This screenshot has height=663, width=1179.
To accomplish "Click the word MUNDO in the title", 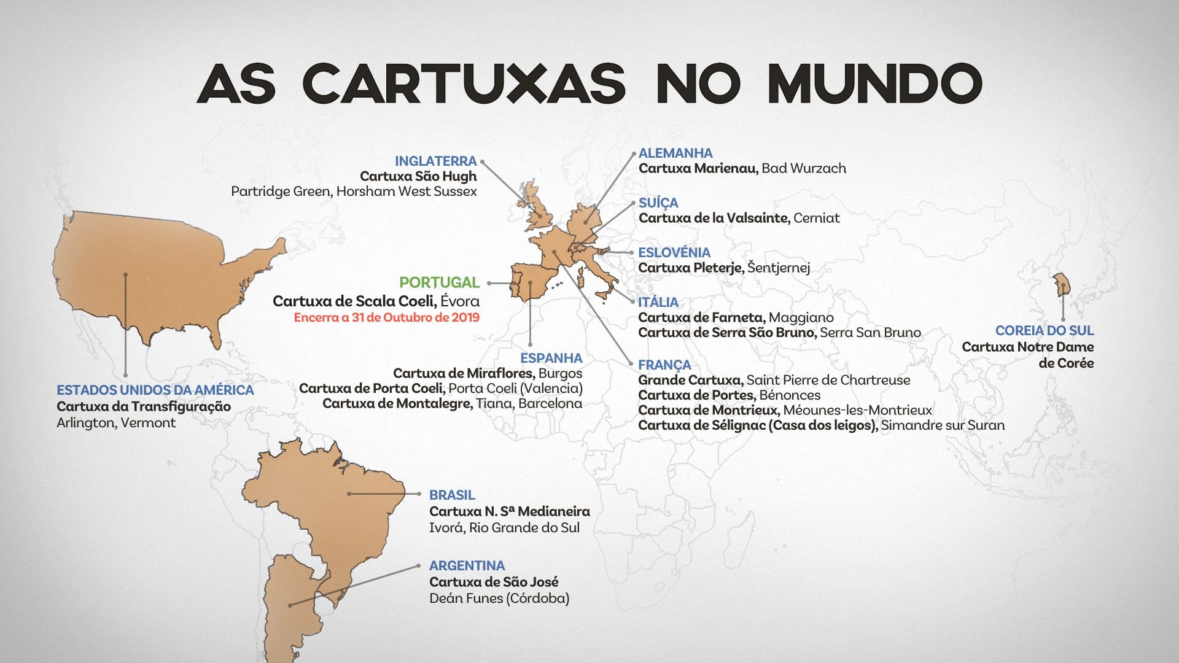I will click(874, 83).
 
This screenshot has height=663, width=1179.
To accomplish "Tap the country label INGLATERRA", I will click(435, 161).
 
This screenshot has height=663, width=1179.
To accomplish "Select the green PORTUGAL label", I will click(439, 282).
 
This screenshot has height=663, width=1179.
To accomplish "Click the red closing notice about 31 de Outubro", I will click(386, 317).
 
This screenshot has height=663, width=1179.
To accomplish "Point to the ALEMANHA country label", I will click(675, 153).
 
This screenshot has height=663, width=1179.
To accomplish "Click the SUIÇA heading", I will click(658, 203).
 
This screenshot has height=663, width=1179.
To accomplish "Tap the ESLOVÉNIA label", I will click(674, 252).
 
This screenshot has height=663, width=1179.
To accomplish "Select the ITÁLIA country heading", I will click(658, 302).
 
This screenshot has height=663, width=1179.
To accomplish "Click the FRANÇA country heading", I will click(664, 365).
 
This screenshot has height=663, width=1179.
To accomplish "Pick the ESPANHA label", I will click(551, 358).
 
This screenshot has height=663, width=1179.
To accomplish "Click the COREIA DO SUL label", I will click(1044, 330).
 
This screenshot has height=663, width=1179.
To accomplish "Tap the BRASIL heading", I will click(452, 495).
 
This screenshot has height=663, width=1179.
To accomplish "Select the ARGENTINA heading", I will click(467, 565).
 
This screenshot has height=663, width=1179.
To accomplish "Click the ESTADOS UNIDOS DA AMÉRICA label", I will click(155, 390).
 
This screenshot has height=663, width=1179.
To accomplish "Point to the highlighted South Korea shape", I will click(1062, 285).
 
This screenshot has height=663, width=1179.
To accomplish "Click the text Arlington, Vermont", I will click(116, 423).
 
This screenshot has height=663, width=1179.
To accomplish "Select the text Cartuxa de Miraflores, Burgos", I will click(488, 373).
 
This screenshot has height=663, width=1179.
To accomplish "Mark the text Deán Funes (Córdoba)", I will click(499, 598).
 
